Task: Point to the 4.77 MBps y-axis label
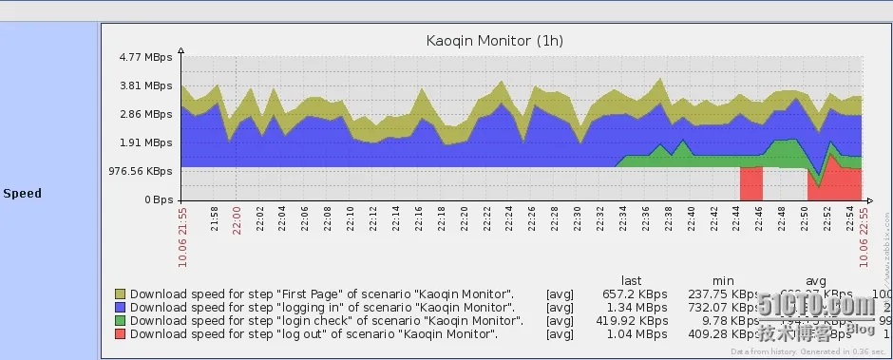146,58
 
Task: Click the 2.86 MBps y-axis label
146,115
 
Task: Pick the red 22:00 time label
237,219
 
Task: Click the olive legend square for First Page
120,294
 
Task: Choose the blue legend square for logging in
120,308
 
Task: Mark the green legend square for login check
120,321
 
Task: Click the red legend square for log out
120,334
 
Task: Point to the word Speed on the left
22,194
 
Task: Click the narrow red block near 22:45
750,183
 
